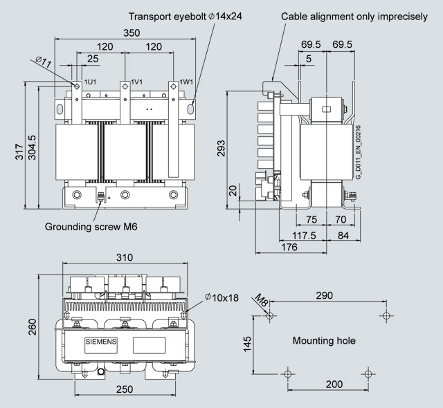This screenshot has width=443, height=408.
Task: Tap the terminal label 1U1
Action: [x=89, y=82]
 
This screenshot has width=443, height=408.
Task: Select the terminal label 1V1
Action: [x=137, y=82]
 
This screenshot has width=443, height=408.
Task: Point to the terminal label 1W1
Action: [x=186, y=82]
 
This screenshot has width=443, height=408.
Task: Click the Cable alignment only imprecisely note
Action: [x=354, y=16]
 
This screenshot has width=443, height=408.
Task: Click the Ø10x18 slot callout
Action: [x=221, y=298]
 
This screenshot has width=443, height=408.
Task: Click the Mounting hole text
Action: [x=324, y=341]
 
